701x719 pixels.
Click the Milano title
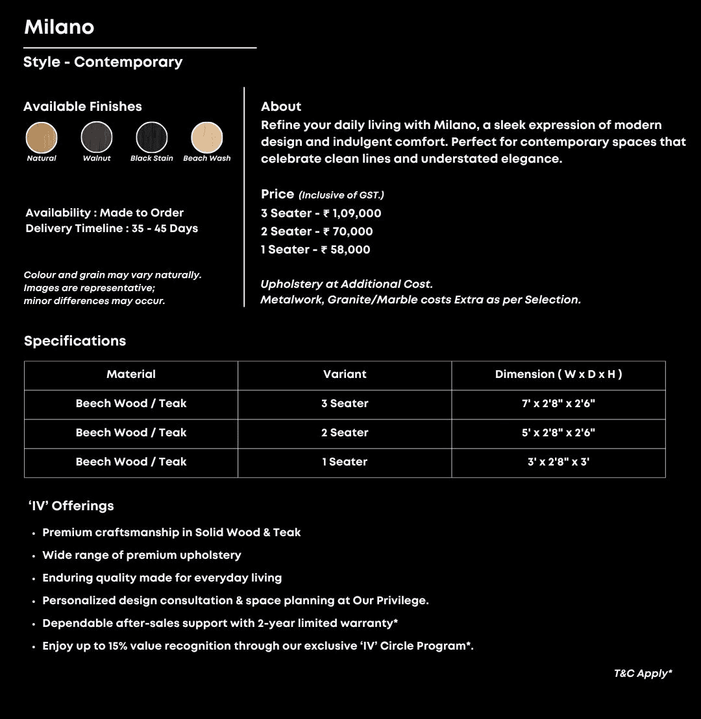(59, 27)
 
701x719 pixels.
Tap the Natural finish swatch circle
(42, 137)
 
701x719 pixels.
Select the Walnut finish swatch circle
(97, 137)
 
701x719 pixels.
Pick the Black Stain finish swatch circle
(152, 137)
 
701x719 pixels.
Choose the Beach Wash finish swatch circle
(207, 137)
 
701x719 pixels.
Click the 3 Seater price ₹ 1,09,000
(352, 213)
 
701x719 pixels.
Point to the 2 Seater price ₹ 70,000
(348, 231)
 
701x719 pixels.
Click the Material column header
(131, 374)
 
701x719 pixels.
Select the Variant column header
(345, 374)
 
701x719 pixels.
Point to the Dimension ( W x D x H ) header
(558, 374)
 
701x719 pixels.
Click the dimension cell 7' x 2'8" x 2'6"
(558, 403)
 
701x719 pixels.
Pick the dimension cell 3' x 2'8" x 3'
(558, 462)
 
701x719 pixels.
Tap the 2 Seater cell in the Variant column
(345, 432)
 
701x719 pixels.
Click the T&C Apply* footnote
(643, 674)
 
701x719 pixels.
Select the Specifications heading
(75, 341)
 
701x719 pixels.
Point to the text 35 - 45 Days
(165, 228)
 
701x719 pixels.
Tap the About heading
(281, 106)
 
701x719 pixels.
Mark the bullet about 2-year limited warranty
(220, 623)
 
